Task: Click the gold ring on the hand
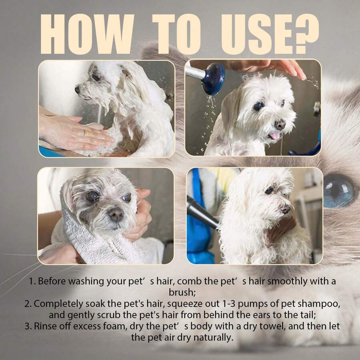(x=87, y=132)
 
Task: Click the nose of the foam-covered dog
(x=78, y=90)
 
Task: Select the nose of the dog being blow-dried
(x=286, y=208)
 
